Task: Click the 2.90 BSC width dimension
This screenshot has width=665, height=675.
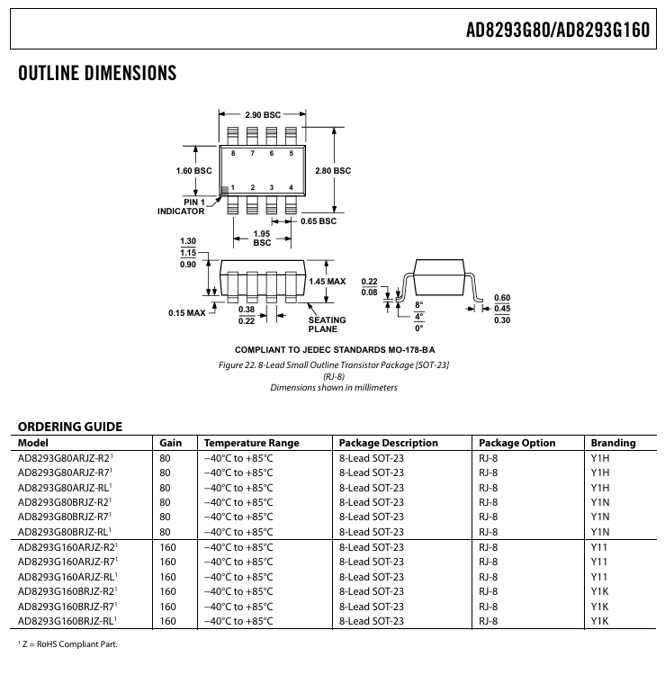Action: tap(263, 115)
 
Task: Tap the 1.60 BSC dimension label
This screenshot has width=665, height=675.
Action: tap(193, 171)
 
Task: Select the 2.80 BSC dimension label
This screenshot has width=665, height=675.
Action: tap(333, 171)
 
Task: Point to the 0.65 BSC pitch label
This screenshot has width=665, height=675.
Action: tap(319, 221)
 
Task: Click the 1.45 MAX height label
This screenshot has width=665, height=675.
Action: tap(328, 282)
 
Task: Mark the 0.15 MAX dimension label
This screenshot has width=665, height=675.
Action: tap(187, 313)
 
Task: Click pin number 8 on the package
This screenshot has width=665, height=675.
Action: tap(233, 153)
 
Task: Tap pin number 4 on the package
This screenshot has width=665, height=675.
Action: tap(291, 187)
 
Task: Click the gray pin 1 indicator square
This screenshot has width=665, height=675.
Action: tap(224, 191)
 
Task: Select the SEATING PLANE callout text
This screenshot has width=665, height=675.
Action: tap(327, 325)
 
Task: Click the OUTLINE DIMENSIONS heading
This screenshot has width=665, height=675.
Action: tap(97, 73)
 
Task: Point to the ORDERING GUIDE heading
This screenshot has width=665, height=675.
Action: tap(70, 427)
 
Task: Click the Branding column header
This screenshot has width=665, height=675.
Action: tap(613, 443)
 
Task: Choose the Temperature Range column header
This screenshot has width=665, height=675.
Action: tap(251, 443)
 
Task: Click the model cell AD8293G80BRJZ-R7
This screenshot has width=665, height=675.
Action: tap(65, 517)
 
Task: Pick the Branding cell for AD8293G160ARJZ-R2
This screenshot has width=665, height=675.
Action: tap(598, 547)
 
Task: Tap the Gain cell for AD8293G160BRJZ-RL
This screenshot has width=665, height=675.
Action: tap(167, 621)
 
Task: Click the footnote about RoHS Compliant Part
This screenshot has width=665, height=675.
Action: tap(67, 644)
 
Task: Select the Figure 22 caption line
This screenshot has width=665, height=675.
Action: tap(334, 365)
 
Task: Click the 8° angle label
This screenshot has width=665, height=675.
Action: tap(418, 305)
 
